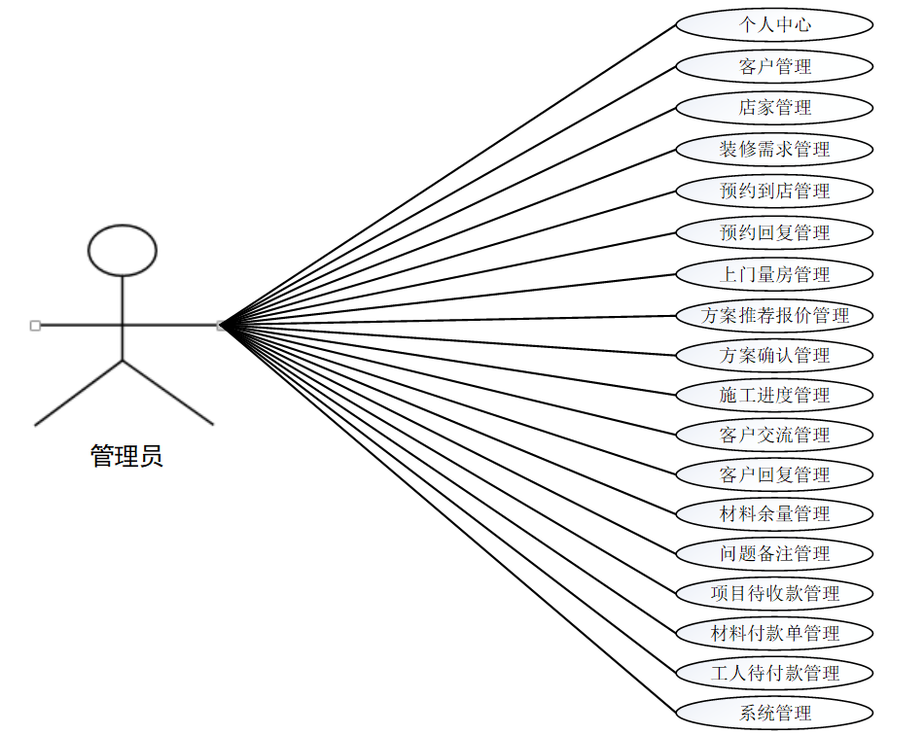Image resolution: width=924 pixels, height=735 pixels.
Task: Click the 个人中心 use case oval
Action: [774, 25]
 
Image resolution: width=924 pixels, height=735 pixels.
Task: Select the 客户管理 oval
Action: [774, 66]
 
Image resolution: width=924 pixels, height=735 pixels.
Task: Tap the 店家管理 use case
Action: [774, 107]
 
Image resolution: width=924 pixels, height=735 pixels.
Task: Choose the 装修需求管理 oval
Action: [774, 149]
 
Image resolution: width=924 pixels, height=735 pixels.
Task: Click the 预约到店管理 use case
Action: [774, 191]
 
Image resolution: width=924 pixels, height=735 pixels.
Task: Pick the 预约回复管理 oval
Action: [774, 232]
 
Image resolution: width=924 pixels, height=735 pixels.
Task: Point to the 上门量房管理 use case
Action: [774, 274]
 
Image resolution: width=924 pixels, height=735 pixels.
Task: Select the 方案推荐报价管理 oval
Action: [774, 315]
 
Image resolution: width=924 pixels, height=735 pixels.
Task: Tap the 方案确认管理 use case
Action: [774, 355]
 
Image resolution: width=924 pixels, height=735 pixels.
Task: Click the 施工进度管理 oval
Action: [774, 395]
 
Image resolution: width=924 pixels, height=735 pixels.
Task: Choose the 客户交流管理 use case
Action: [774, 435]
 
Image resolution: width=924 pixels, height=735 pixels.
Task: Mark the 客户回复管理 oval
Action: [774, 474]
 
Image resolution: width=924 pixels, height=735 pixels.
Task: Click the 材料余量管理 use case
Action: [774, 513]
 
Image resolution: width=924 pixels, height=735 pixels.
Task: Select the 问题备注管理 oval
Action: [774, 553]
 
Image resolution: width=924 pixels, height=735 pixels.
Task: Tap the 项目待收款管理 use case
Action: [774, 593]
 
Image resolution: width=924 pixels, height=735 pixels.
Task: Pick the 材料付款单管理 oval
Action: [774, 633]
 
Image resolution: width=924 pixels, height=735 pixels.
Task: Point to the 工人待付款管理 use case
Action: [774, 673]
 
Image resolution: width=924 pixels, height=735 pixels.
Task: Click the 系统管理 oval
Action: [774, 713]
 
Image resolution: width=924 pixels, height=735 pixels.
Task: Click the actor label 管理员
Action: [126, 456]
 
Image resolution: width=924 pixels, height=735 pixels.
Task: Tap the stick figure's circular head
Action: [123, 250]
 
